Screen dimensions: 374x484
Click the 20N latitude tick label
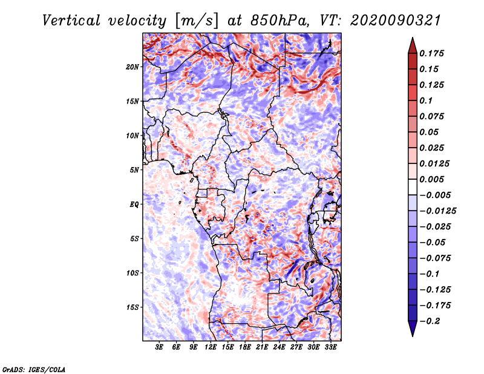pyautogui.click(x=132, y=67)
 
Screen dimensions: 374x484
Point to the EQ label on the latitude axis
pyautogui.click(x=134, y=205)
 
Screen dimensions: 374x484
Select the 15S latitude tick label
pyautogui.click(x=132, y=307)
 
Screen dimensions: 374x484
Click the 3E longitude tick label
pyautogui.click(x=159, y=348)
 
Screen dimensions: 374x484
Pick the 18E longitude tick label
pyautogui.click(x=245, y=348)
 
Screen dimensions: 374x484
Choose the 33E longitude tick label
pyautogui.click(x=330, y=348)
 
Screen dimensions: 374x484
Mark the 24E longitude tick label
pyautogui.click(x=279, y=348)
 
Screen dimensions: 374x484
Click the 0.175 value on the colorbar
pyautogui.click(x=432, y=53)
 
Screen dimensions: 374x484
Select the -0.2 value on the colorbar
pyautogui.click(x=430, y=321)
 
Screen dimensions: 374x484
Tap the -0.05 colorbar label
pyautogui.click(x=433, y=242)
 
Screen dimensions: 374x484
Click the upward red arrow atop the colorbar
pyautogui.click(x=412, y=45)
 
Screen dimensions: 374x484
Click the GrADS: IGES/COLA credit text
pyautogui.click(x=33, y=369)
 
